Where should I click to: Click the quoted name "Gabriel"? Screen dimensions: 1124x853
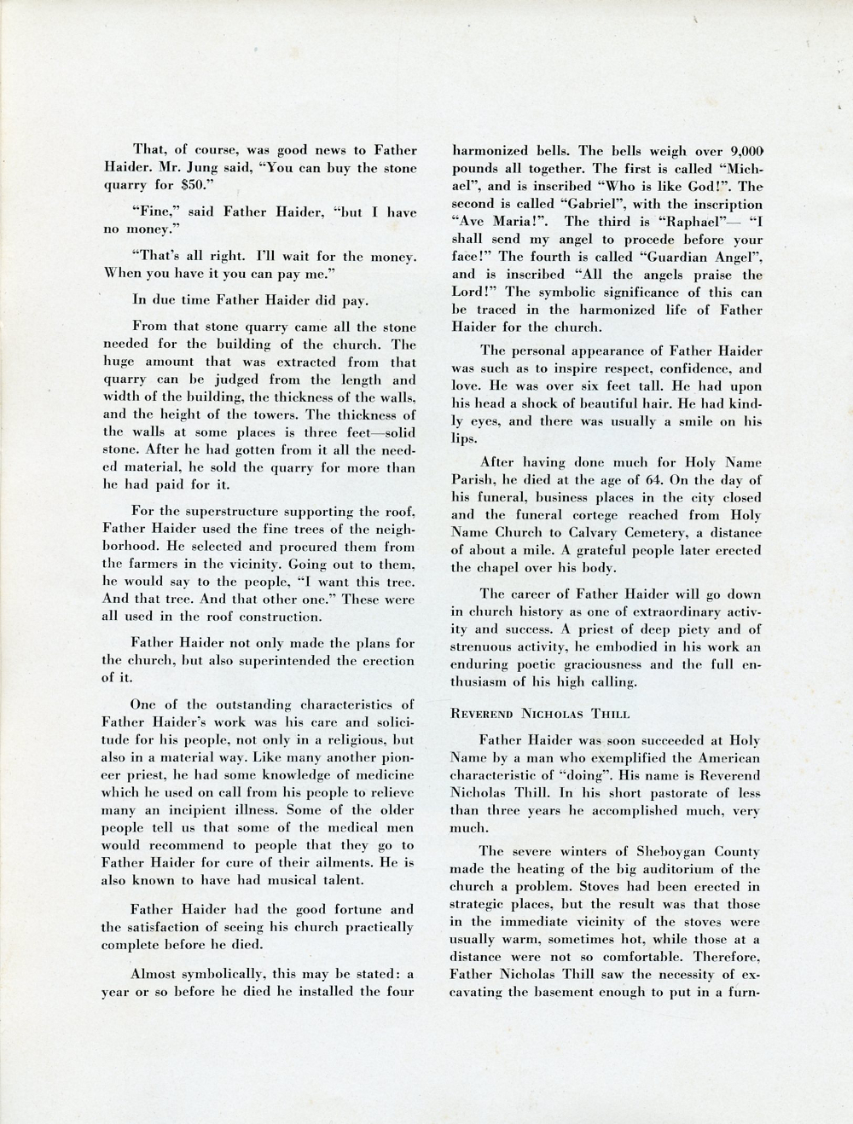[553, 205]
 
